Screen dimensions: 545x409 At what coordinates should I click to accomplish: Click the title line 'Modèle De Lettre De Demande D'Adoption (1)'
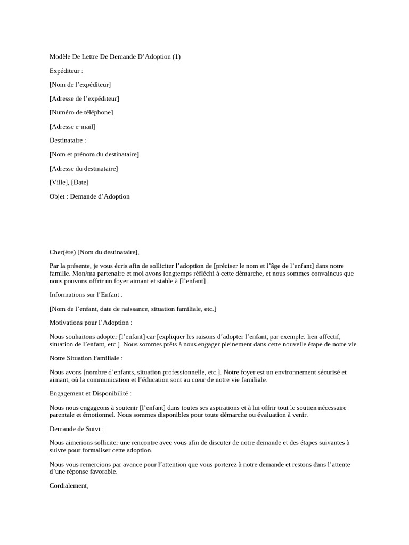click(x=115, y=57)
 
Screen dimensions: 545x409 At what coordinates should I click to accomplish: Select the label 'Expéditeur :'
click(x=67, y=71)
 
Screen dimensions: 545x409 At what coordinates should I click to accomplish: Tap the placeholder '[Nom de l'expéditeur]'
click(x=80, y=85)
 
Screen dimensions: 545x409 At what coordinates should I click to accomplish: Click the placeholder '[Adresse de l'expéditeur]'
click(x=84, y=98)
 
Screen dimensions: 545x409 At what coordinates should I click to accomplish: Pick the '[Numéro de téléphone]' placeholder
click(x=81, y=112)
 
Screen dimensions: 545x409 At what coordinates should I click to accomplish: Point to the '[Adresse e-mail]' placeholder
click(x=72, y=127)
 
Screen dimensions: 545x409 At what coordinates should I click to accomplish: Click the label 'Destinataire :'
click(x=68, y=141)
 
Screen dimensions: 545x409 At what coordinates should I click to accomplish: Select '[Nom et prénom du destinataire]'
click(x=94, y=154)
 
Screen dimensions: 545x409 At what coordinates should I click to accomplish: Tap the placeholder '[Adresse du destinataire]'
click(x=84, y=169)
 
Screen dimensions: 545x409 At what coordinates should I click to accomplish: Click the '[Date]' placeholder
click(x=80, y=183)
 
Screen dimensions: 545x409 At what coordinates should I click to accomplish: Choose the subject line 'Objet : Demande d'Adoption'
click(x=89, y=196)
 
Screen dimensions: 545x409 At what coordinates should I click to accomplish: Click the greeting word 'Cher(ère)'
click(x=62, y=252)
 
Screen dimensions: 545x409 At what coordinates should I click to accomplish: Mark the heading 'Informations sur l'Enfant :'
click(x=86, y=295)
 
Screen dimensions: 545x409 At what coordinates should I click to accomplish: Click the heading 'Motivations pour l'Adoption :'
click(x=91, y=323)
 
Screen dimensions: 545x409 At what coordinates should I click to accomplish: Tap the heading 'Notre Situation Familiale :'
click(x=86, y=358)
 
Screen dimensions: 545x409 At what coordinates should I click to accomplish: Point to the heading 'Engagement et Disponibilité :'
click(x=91, y=393)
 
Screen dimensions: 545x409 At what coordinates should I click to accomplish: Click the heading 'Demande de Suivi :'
click(x=76, y=428)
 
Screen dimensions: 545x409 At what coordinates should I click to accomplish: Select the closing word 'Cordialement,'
click(x=69, y=485)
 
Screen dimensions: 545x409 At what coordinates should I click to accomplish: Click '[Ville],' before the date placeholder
click(x=59, y=183)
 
